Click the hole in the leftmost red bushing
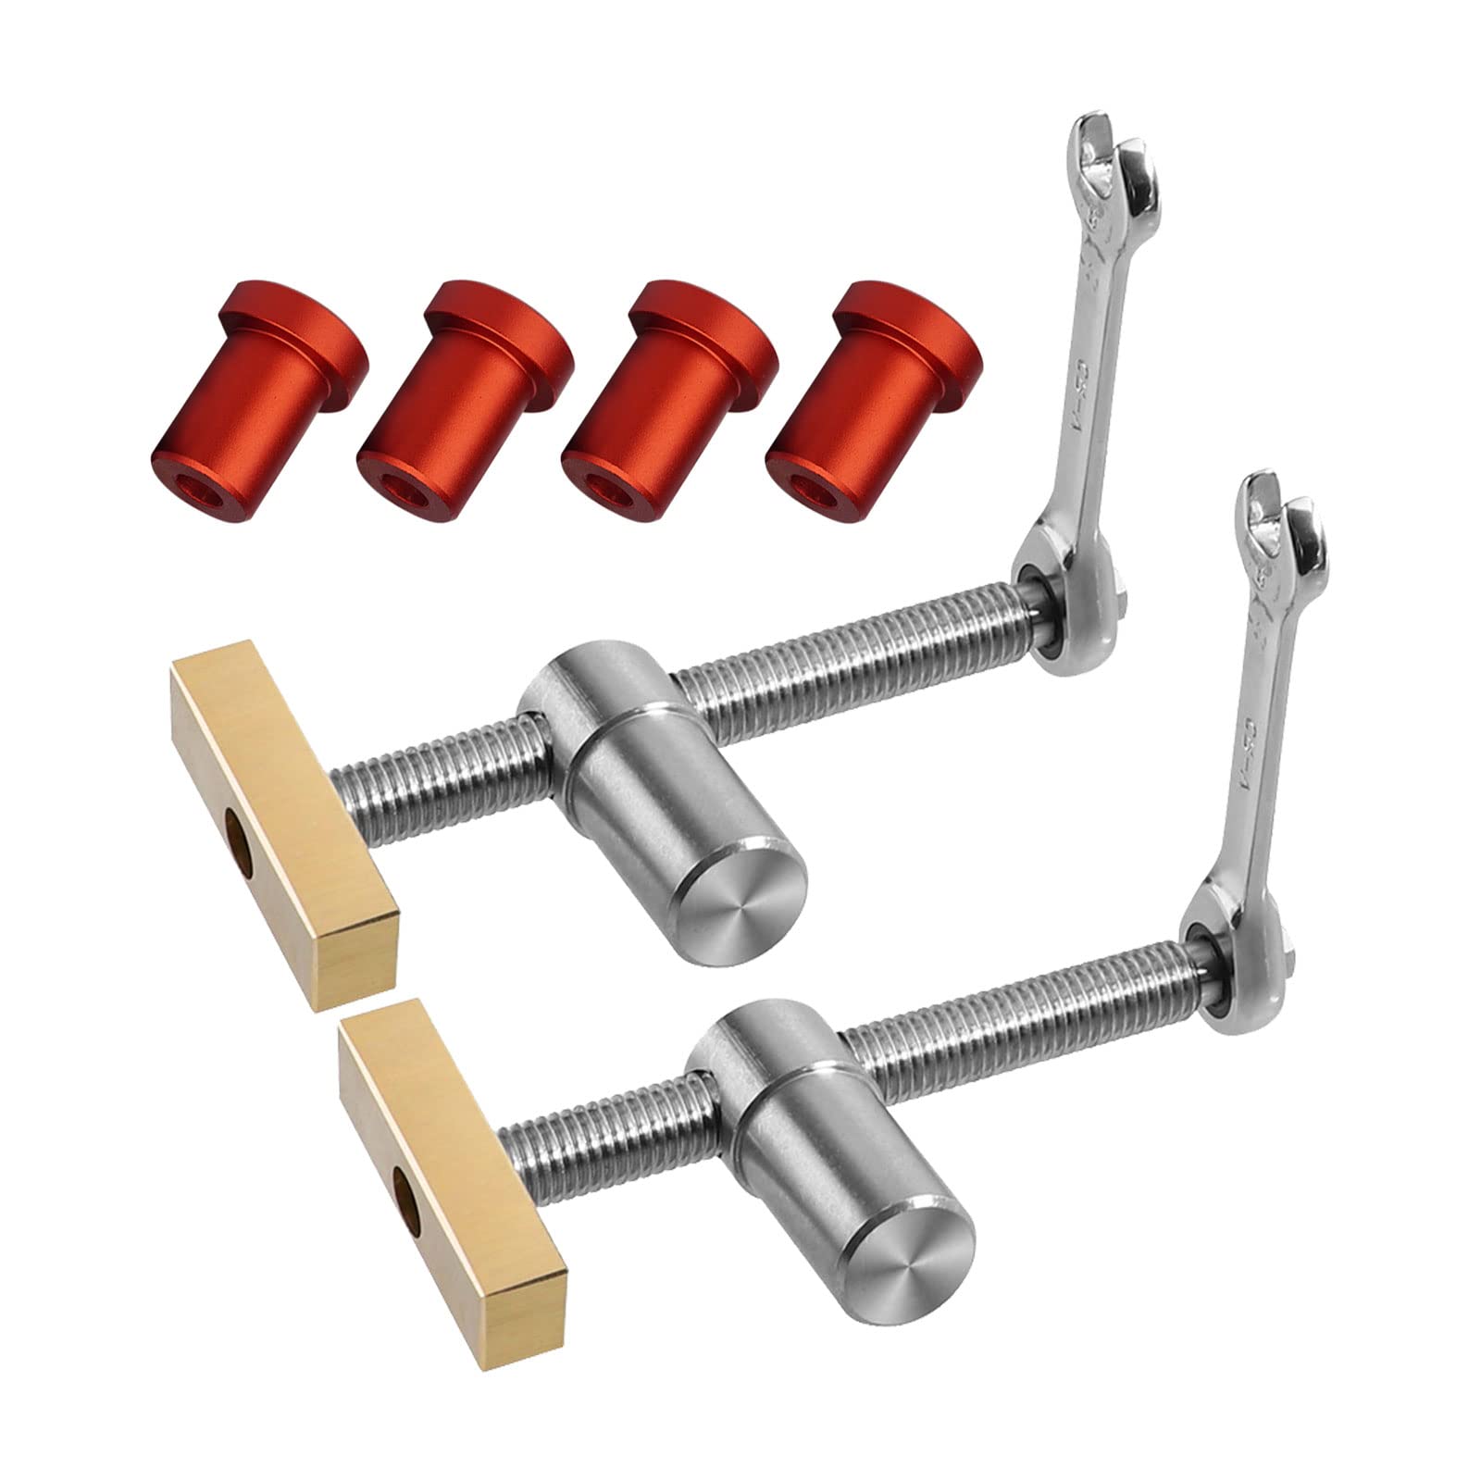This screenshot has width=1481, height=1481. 195,488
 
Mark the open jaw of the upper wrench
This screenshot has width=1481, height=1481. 1115,157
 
